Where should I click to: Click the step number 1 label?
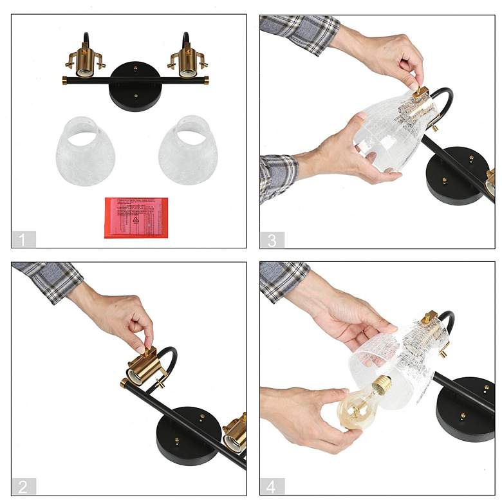pos(23,239)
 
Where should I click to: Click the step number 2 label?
pos(23,487)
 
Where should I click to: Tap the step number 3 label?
pos(272,239)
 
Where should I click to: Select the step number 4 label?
pos(272,487)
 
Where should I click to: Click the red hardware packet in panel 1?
pos(136,218)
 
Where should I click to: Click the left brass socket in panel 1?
pos(84,60)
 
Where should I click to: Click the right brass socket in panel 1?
pos(187,60)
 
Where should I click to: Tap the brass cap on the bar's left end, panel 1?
pos(65,80)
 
